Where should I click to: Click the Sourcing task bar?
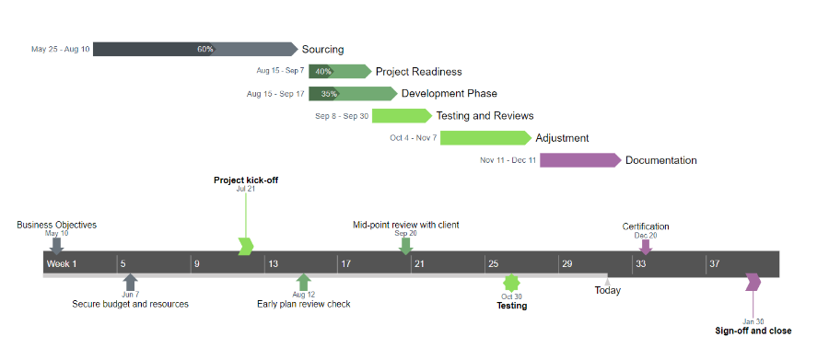[193, 49]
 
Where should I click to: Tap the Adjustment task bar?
[485, 138]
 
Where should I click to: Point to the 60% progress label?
[204, 49]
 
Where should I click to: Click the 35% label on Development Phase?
[329, 94]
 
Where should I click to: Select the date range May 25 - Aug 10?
[61, 50]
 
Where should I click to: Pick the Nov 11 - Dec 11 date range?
[508, 160]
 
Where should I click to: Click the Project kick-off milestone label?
[246, 180]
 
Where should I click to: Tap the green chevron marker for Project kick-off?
[245, 246]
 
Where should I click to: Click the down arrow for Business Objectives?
[57, 245]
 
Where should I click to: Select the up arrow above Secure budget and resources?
[130, 282]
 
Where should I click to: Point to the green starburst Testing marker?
[511, 284]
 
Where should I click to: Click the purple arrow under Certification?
[646, 246]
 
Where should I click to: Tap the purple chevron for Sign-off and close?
[753, 282]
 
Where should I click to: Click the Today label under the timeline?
[607, 290]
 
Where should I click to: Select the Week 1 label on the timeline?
[63, 264]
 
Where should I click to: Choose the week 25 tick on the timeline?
[494, 264]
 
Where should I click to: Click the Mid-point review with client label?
[406, 225]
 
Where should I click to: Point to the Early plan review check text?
[303, 304]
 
